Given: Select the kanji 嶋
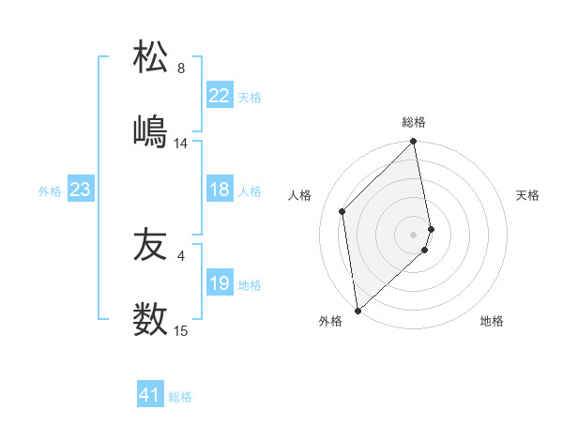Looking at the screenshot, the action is click(151, 131).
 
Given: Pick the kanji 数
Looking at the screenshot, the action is click(151, 320).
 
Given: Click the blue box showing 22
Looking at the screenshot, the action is click(220, 96).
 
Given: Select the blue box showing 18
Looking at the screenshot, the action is click(220, 190).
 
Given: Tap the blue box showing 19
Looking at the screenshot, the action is click(220, 284).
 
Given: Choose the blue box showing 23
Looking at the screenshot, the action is click(81, 190).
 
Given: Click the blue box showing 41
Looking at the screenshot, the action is click(150, 396).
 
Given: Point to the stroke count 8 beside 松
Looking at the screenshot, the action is click(181, 68).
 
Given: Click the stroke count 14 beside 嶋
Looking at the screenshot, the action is click(181, 144).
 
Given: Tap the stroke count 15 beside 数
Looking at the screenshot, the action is click(181, 331).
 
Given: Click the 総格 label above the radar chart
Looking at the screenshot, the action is click(414, 122).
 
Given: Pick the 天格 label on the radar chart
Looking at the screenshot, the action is click(527, 195).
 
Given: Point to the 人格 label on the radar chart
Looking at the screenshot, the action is click(300, 195).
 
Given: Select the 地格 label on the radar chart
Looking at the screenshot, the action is click(492, 321).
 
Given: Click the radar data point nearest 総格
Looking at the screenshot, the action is click(414, 143).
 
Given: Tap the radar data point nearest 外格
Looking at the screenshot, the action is click(357, 310).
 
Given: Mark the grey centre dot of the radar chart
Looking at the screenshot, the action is click(414, 234).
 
